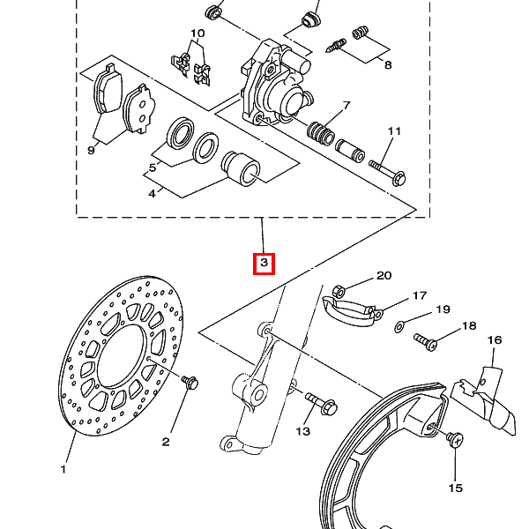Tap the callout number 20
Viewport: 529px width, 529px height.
click(x=384, y=276)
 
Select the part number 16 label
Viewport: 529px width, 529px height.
click(x=495, y=340)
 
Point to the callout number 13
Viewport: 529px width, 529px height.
click(x=302, y=431)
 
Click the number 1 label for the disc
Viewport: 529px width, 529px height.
click(x=63, y=469)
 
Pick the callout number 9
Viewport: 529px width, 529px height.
click(x=91, y=150)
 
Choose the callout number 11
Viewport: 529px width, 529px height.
click(x=394, y=130)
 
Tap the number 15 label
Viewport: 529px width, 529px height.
click(x=456, y=488)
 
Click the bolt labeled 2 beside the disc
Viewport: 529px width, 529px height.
click(x=190, y=383)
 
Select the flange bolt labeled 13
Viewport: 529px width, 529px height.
click(x=321, y=403)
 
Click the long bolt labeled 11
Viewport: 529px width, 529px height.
click(x=388, y=172)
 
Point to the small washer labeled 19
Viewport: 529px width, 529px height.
click(x=399, y=326)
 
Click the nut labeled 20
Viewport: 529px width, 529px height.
click(x=339, y=292)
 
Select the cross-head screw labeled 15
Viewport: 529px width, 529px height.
click(x=454, y=440)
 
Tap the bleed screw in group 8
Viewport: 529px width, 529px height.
click(x=337, y=46)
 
